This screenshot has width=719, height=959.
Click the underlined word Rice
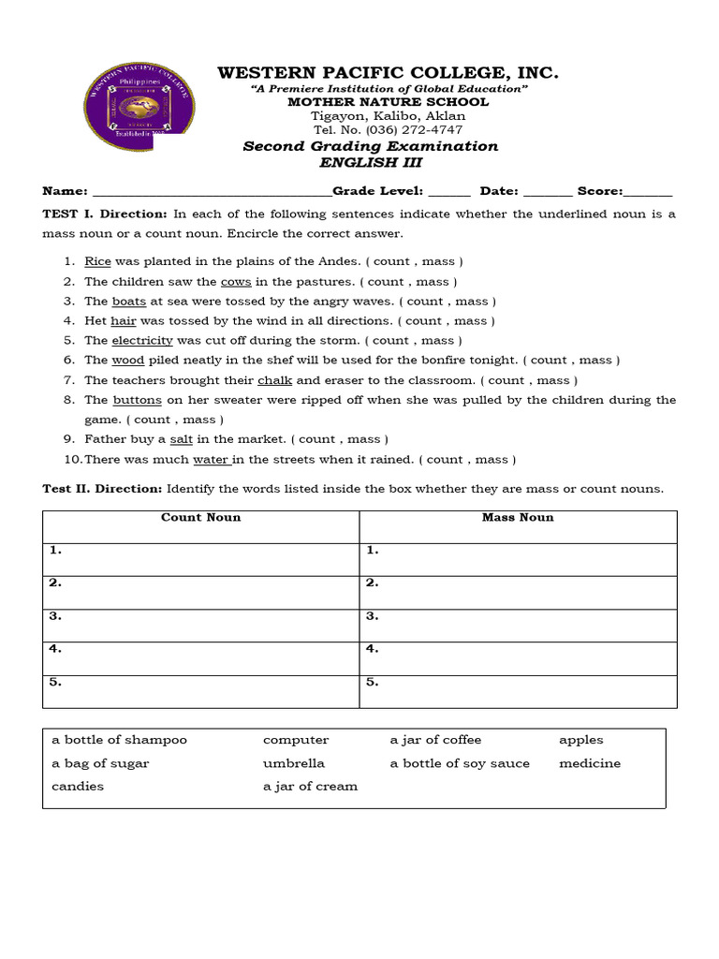pos(97,261)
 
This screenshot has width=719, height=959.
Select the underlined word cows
pos(236,281)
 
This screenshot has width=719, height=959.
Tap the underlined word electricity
pos(142,340)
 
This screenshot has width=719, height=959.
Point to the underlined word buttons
pos(137,400)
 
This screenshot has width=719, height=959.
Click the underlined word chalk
pos(275,380)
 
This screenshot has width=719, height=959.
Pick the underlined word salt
pos(181,438)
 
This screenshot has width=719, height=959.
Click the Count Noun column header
pos(200,517)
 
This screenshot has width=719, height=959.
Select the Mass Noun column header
pos(518,517)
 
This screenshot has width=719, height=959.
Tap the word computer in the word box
pos(296,740)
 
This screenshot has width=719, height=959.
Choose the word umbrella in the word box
pos(294,763)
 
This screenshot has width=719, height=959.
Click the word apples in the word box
pos(581,740)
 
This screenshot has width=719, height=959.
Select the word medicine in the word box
pos(590,763)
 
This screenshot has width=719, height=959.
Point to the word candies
pos(78,787)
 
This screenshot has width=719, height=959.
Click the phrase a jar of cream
pos(310,787)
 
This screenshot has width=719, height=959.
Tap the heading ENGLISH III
pos(371,162)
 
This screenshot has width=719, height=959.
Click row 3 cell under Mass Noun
pos(518,625)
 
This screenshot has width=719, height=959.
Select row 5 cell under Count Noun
pos(200,691)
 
